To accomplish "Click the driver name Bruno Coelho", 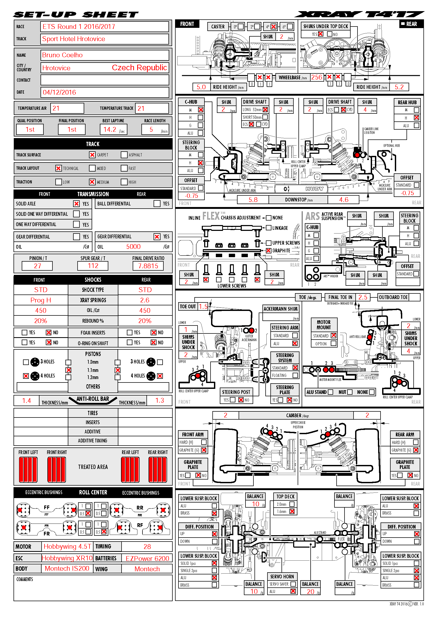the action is tap(62, 55).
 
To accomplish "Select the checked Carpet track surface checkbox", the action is tap(92, 155).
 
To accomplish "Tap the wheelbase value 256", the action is tap(317, 77).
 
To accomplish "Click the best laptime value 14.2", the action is tap(110, 130).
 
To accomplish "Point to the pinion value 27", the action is tap(38, 266).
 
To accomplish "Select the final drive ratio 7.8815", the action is tap(148, 266).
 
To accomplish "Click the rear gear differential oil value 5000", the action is tap(133, 247).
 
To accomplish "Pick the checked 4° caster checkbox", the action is tap(274, 27).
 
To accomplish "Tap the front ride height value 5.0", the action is tap(201, 87).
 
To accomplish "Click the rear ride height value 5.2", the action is tap(399, 87).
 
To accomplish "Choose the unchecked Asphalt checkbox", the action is tap(124, 155).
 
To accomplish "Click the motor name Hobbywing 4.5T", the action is tap(68, 547).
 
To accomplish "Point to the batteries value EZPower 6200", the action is tap(147, 559).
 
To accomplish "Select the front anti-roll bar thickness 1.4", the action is tap(26, 401).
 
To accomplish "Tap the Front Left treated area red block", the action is tap(28, 470).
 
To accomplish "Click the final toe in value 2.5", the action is tap(363, 297).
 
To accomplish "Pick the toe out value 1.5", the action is tap(203, 306).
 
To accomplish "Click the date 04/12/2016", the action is tap(59, 92).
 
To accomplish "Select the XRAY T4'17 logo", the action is tap(360, 14).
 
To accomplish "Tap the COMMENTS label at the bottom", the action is tap(25, 579).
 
